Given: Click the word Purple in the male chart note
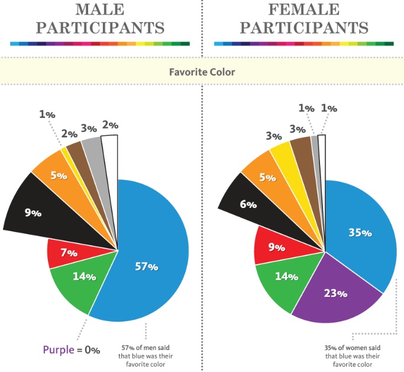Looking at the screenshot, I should click(57, 350).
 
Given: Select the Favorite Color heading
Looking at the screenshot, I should click(202, 72).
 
